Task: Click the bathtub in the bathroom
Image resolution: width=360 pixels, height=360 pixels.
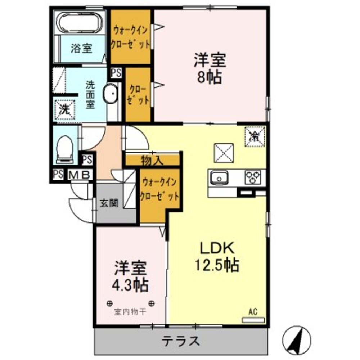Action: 80,23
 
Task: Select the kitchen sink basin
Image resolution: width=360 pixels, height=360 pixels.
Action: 219,177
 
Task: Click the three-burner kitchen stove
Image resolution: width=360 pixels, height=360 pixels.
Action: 253,177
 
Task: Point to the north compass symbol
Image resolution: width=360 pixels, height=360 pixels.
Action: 297,340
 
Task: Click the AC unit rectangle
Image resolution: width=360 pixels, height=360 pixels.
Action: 253,320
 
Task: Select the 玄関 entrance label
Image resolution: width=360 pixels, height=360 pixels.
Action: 109,203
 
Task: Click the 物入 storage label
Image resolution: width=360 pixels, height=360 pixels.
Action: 152,160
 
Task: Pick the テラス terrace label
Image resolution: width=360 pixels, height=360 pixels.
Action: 181,341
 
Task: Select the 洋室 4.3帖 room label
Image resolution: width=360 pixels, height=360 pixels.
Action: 130,276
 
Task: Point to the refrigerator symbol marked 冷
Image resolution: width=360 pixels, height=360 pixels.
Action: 255,137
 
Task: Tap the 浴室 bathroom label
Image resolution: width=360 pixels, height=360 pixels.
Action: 81,49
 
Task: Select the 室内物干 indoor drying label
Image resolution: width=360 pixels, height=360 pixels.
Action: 130,312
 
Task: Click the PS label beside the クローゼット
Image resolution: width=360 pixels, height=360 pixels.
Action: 116,73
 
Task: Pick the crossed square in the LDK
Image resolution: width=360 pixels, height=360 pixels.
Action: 224,153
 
